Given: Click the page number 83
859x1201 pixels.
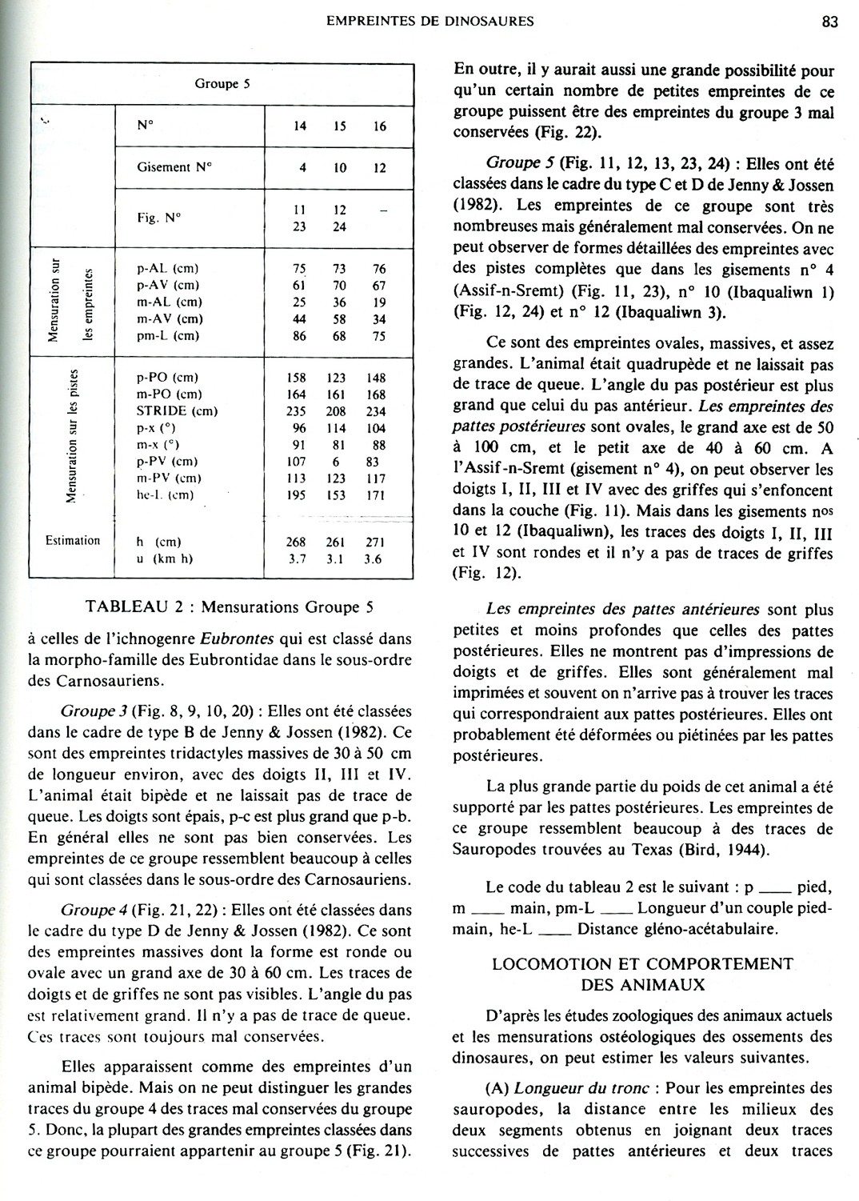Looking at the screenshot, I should pos(829,22).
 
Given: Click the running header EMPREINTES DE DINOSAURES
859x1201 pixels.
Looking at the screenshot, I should pos(430,22).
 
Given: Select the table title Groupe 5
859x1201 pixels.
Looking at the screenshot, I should pos(222,83).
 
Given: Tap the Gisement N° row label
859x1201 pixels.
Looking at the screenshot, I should pos(174,167).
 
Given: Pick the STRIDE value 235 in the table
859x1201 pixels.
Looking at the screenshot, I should pos(296,411).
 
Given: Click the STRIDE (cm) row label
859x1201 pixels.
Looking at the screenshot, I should pos(177,411).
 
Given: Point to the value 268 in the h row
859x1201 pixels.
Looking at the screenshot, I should pos(296,542).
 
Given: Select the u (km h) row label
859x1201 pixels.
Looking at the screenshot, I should pos(165,558).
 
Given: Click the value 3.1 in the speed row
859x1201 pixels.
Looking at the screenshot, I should pos(336,558).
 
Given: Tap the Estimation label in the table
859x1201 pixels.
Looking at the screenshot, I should pos(73,541).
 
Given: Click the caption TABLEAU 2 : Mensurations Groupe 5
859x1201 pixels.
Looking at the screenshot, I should pos(230,607).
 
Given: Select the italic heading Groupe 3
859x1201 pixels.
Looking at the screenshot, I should pos(89,711).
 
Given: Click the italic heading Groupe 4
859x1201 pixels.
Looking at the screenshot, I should pos(89,910).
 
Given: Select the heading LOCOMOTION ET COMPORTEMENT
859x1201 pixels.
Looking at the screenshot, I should pos(642,964).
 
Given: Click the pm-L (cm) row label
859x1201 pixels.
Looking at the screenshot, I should pos(168,336).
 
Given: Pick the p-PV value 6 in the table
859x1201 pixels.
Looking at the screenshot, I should pos(337,462).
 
